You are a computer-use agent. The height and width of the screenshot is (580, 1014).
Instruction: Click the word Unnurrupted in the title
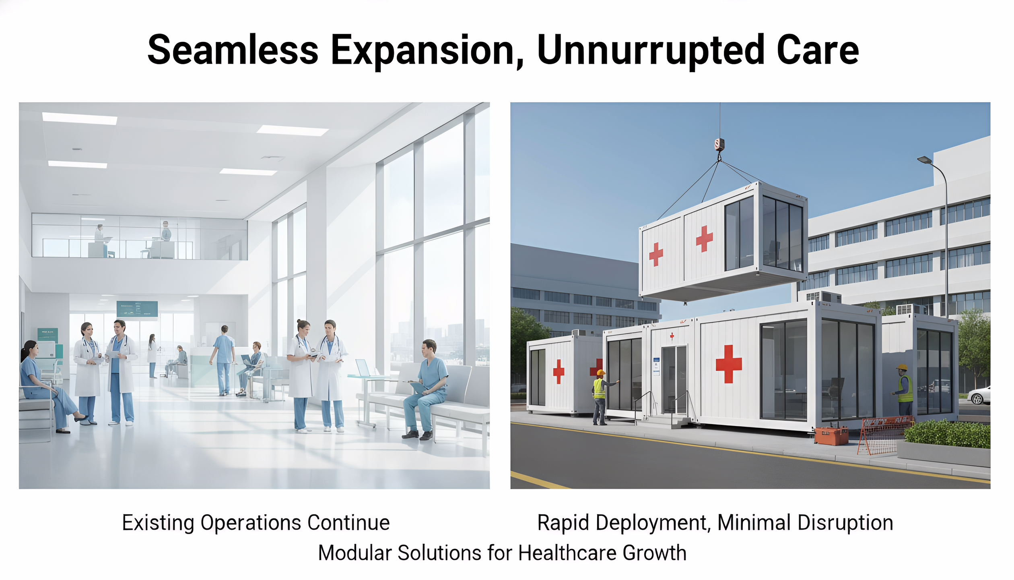click(x=651, y=50)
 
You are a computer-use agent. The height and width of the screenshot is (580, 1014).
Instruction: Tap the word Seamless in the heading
click(x=233, y=50)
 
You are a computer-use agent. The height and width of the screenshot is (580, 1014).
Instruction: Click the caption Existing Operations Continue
click(x=256, y=523)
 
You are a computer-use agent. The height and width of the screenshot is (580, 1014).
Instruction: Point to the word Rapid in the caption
click(x=563, y=523)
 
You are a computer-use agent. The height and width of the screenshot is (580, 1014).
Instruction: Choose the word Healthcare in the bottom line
click(x=567, y=553)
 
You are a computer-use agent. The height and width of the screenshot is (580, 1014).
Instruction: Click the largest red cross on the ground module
click(x=729, y=364)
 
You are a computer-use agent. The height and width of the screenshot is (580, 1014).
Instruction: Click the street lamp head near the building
click(x=924, y=160)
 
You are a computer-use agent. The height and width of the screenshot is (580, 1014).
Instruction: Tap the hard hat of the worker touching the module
click(x=601, y=373)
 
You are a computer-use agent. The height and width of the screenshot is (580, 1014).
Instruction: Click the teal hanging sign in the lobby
click(x=137, y=309)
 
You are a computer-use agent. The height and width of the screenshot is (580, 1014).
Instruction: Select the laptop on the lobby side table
click(x=363, y=367)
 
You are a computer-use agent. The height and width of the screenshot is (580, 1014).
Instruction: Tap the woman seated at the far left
click(x=40, y=383)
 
